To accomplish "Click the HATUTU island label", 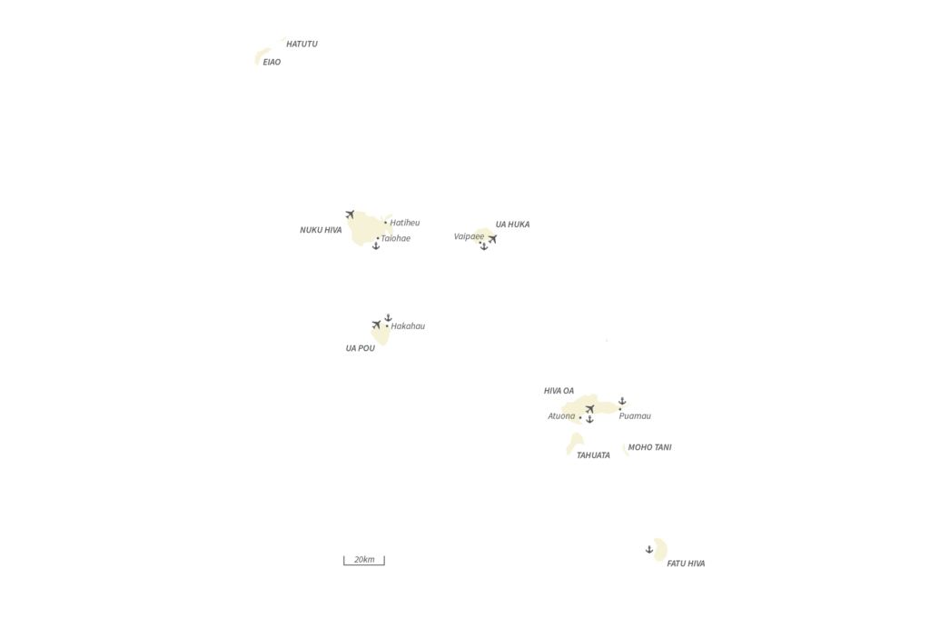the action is pyautogui.click(x=302, y=44).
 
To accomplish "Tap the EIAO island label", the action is pyautogui.click(x=272, y=62).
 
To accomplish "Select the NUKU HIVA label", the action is pyautogui.click(x=321, y=230).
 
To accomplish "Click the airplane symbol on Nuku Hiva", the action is pyautogui.click(x=350, y=214).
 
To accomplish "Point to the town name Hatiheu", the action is pyautogui.click(x=405, y=223).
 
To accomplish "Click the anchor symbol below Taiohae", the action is pyautogui.click(x=376, y=245).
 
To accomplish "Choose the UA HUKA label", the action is pyautogui.click(x=512, y=225).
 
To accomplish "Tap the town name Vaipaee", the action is pyautogui.click(x=469, y=236).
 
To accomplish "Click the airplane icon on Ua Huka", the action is pyautogui.click(x=492, y=239).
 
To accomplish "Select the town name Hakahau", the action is pyautogui.click(x=408, y=326).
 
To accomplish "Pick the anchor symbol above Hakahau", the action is pyautogui.click(x=388, y=318).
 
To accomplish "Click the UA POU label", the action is pyautogui.click(x=360, y=348).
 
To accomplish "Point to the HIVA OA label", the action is pyautogui.click(x=559, y=391).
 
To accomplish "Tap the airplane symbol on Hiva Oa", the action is pyautogui.click(x=589, y=409).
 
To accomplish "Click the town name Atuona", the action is pyautogui.click(x=561, y=416).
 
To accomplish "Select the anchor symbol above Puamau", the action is pyautogui.click(x=622, y=402).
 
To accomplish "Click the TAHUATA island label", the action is pyautogui.click(x=593, y=455).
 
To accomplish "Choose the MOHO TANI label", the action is pyautogui.click(x=649, y=447).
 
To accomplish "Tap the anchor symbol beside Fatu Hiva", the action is pyautogui.click(x=649, y=549).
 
